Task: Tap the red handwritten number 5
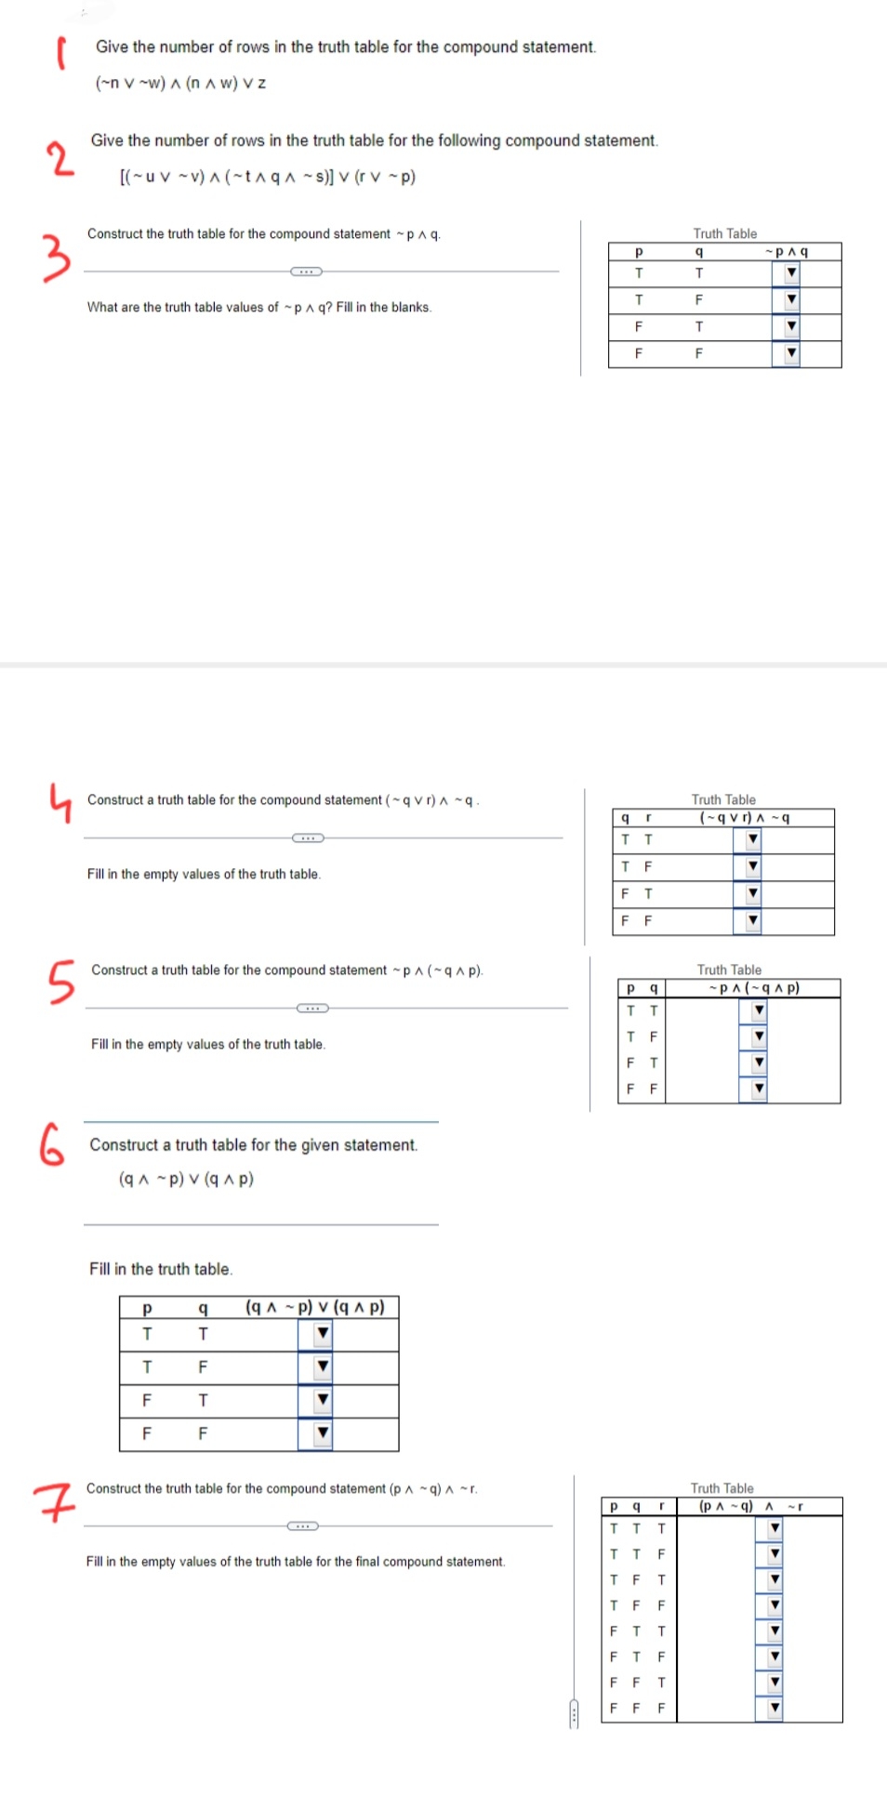pyautogui.click(x=60, y=982)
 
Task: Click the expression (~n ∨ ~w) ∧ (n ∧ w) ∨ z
pyautogui.click(x=180, y=83)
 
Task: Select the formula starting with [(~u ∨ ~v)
pyautogui.click(x=268, y=177)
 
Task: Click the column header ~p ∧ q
pyautogui.click(x=786, y=252)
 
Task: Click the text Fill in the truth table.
pyautogui.click(x=161, y=1269)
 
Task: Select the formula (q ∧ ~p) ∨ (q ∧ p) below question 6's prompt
pyautogui.click(x=186, y=1179)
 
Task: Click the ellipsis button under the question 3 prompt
pyautogui.click(x=306, y=271)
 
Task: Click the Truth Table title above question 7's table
pyautogui.click(x=722, y=1488)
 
